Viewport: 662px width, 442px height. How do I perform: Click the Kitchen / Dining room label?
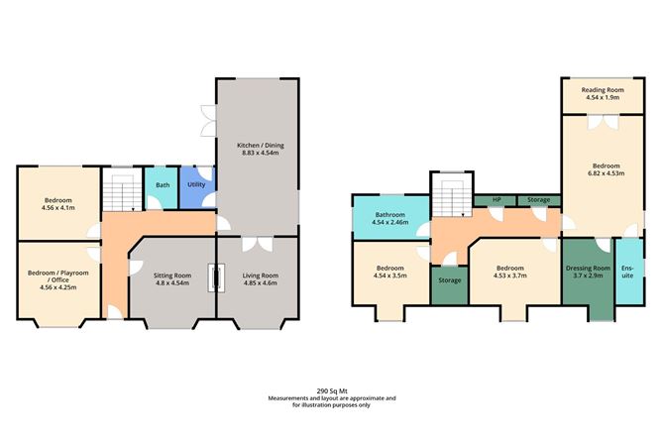pyautogui.click(x=256, y=144)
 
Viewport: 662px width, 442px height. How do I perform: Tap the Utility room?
pyautogui.click(x=195, y=184)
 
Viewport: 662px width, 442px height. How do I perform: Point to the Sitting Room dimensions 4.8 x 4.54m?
pyautogui.click(x=172, y=282)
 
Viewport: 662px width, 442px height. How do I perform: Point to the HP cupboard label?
pyautogui.click(x=495, y=200)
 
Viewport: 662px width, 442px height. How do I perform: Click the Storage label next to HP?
pyautogui.click(x=538, y=200)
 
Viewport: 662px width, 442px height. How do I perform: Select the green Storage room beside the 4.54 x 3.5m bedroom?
pyautogui.click(x=449, y=281)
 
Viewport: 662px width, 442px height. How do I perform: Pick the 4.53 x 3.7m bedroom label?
pyautogui.click(x=509, y=272)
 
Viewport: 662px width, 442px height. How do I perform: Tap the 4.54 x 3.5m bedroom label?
pyautogui.click(x=390, y=272)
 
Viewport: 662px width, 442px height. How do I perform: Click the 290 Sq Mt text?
pyautogui.click(x=330, y=390)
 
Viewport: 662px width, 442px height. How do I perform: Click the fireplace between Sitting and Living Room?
pyautogui.click(x=214, y=278)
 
